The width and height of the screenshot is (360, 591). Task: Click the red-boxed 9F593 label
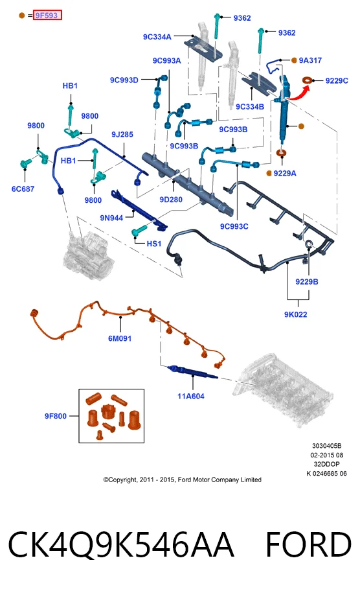(x=47, y=16)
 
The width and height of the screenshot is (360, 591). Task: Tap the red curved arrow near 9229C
(x=299, y=93)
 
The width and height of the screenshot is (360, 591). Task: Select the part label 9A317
(x=310, y=60)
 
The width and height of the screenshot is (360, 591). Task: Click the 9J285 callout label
(x=122, y=134)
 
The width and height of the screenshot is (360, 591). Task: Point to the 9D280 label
(x=171, y=200)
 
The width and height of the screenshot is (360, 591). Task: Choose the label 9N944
(x=111, y=218)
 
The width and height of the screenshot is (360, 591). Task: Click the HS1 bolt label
(x=153, y=244)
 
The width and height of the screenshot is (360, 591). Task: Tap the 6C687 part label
(x=23, y=189)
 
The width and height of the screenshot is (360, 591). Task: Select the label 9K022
(x=296, y=314)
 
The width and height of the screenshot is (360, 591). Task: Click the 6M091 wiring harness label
(x=120, y=338)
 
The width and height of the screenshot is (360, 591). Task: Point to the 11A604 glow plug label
(x=191, y=396)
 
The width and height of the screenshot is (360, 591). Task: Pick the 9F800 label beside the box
(x=56, y=416)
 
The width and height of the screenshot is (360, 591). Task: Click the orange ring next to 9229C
(x=308, y=80)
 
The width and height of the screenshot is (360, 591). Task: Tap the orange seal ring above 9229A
(x=281, y=153)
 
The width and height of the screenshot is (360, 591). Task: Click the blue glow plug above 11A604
(x=192, y=371)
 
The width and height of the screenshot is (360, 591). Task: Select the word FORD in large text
(x=309, y=544)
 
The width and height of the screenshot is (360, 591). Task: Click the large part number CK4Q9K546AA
(x=121, y=546)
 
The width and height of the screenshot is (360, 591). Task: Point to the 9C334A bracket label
(x=157, y=36)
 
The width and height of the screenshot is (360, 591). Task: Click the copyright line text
(x=182, y=480)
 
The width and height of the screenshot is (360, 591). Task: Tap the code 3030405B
(x=326, y=446)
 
